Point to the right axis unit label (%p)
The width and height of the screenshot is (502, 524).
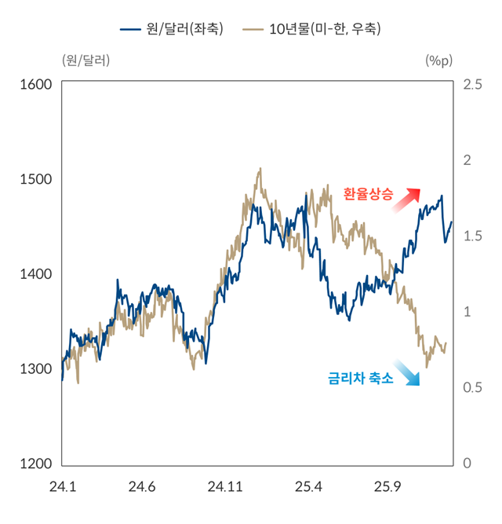pyautogui.click(x=439, y=60)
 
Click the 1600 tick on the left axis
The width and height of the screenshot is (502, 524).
pyautogui.click(x=35, y=84)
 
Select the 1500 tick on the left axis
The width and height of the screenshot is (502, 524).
pyautogui.click(x=35, y=179)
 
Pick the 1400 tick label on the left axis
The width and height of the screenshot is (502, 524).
pyautogui.click(x=35, y=274)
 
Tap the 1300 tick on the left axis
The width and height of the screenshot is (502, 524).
pyautogui.click(x=35, y=368)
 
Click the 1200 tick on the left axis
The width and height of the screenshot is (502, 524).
pyautogui.click(x=35, y=464)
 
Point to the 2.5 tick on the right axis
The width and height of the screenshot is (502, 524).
pyautogui.click(x=473, y=84)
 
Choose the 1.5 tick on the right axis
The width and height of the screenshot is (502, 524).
pyautogui.click(x=473, y=236)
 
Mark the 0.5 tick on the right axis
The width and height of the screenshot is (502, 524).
pyautogui.click(x=473, y=387)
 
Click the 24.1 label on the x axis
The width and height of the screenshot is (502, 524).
pyautogui.click(x=62, y=487)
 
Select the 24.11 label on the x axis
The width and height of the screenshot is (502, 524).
pyautogui.click(x=225, y=487)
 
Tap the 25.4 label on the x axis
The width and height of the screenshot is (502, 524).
pyautogui.click(x=309, y=487)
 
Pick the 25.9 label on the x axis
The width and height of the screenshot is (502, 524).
pyautogui.click(x=387, y=487)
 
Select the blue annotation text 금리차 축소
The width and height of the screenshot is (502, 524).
pyautogui.click(x=360, y=378)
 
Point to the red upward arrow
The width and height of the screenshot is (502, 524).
pyautogui.click(x=407, y=200)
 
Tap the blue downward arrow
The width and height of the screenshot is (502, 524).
pyautogui.click(x=406, y=372)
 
